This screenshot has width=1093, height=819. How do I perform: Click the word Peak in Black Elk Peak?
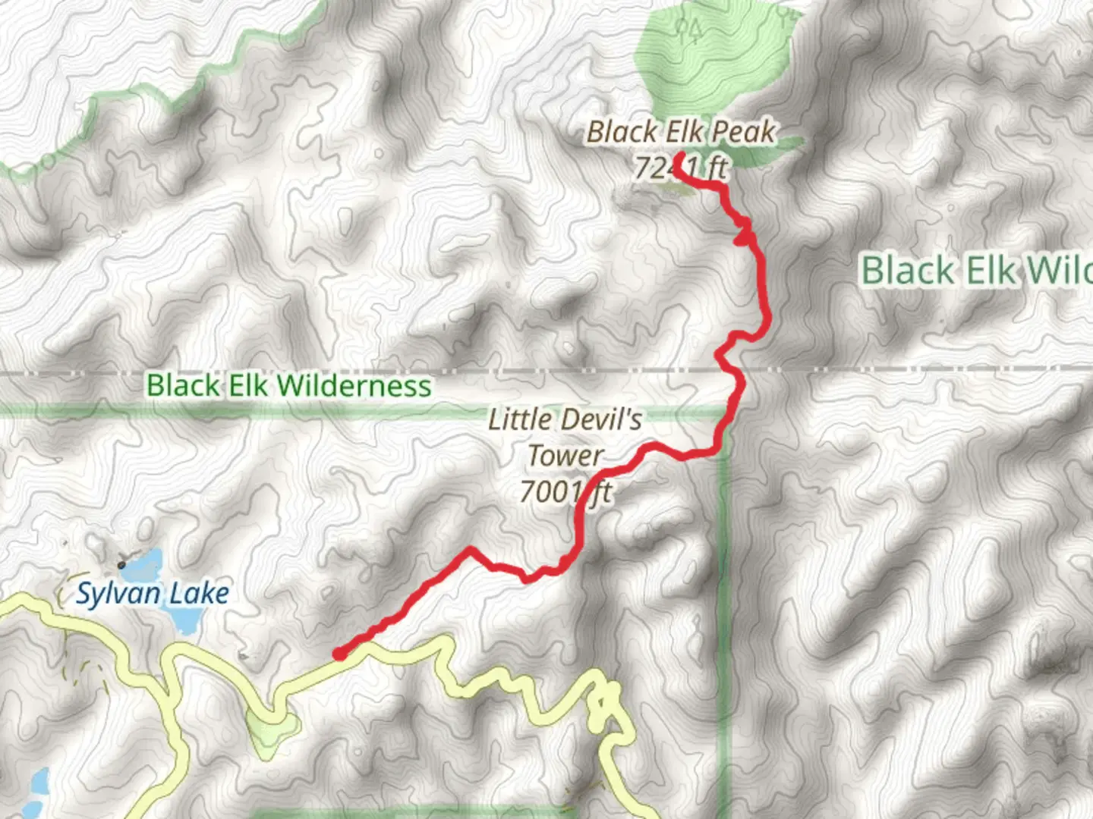point(743,132)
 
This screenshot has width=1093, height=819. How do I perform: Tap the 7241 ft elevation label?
point(681,168)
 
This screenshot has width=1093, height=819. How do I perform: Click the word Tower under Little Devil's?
point(565,456)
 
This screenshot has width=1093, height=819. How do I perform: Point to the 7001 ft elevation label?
point(565,492)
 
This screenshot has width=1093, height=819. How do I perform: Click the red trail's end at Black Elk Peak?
point(681,158)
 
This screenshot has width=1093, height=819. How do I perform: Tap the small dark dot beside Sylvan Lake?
point(121,565)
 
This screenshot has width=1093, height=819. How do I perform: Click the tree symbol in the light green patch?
point(689,30)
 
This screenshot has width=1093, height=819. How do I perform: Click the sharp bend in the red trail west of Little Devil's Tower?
point(471,548)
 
